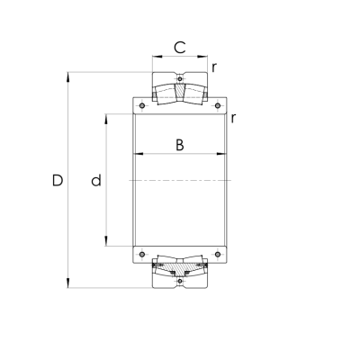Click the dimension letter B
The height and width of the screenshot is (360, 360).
click(x=179, y=144)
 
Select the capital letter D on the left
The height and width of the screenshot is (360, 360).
click(x=57, y=181)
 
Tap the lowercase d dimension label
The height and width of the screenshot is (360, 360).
click(x=95, y=181)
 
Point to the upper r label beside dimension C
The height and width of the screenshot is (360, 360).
click(x=214, y=67)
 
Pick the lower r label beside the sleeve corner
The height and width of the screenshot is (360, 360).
click(x=233, y=117)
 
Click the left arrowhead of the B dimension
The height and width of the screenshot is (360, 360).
click(x=137, y=156)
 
